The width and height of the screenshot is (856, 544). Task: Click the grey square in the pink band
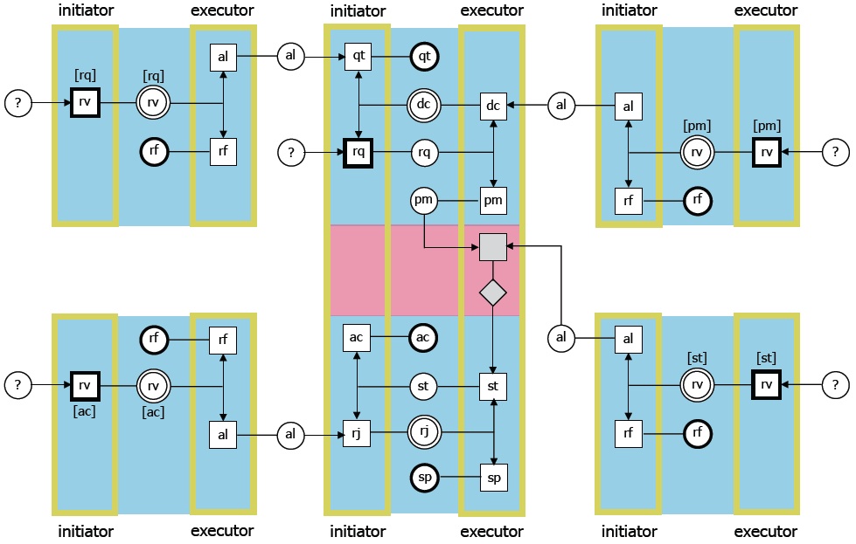coord(493,248)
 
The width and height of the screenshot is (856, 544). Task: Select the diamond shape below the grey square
coord(493,293)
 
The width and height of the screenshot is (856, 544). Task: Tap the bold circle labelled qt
coord(424,57)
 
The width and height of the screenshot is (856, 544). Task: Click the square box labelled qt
coord(358,57)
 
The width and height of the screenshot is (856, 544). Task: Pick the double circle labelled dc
coord(424,105)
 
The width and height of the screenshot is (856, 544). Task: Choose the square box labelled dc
coord(493,105)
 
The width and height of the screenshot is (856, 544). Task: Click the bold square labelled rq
coord(358,153)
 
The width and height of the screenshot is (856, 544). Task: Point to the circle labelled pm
coord(424,201)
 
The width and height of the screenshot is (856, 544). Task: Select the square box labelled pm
coord(493,201)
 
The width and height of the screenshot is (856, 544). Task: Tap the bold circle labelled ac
coord(424,337)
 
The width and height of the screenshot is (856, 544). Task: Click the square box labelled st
coord(493,385)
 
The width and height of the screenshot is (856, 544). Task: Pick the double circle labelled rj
coord(424,431)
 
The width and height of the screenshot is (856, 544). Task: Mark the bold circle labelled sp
coord(424,479)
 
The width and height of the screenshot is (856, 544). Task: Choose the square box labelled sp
coord(493,479)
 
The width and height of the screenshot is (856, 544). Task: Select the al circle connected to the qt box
coord(291,57)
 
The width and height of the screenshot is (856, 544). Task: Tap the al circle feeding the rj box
coord(291,433)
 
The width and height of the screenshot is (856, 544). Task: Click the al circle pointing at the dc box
coord(561,105)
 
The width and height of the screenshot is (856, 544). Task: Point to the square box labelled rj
coord(358,432)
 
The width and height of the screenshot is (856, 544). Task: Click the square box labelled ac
coord(358,337)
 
